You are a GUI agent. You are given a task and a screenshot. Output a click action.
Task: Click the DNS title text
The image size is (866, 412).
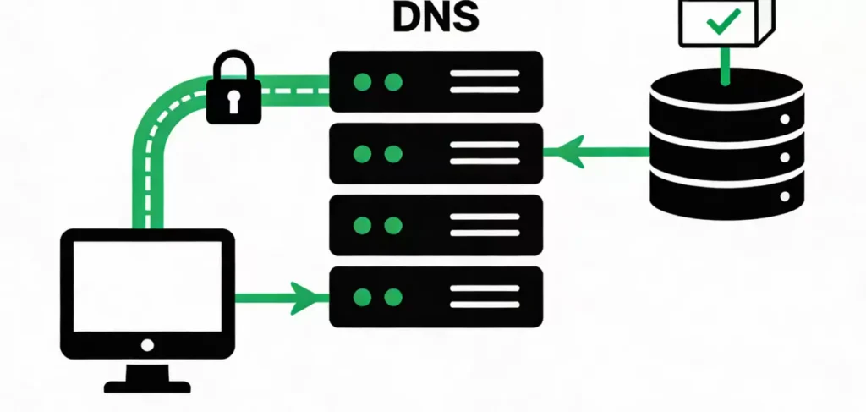434,19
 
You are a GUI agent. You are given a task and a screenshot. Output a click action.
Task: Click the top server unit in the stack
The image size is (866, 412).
435,81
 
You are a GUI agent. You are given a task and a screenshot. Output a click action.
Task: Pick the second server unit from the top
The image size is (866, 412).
435,153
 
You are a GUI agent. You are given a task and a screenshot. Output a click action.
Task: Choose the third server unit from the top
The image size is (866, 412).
435,225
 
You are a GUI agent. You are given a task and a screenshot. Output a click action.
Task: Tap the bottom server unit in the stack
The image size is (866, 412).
435,297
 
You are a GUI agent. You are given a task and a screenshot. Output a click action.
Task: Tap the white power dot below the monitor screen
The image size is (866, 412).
147,345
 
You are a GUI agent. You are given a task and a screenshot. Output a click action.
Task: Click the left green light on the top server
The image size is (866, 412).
362,82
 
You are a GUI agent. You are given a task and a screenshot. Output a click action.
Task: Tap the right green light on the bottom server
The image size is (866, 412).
392,297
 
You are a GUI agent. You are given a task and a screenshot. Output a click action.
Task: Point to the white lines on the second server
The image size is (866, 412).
485,153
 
